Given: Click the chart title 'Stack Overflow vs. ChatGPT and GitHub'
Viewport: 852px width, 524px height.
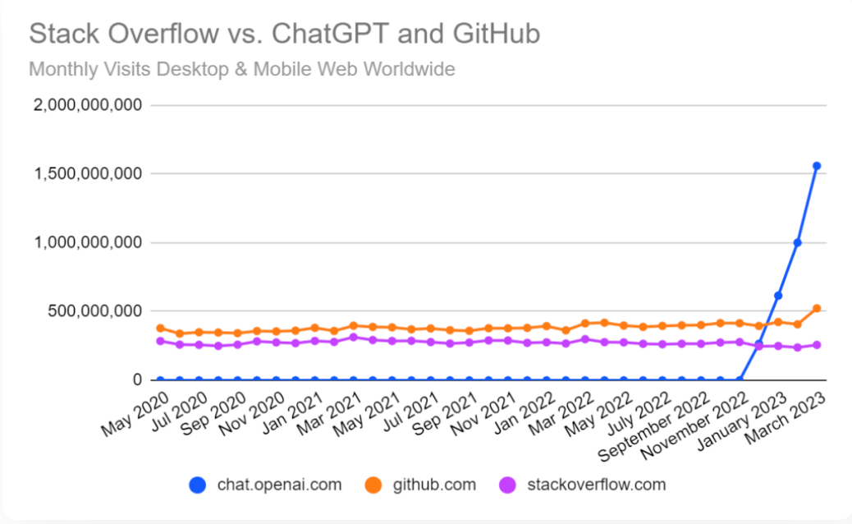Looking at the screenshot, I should pyautogui.click(x=285, y=34).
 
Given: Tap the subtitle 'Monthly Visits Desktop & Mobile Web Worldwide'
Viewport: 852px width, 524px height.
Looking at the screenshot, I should pyautogui.click(x=241, y=69).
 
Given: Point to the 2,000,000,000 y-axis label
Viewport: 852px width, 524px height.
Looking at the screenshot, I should pyautogui.click(x=85, y=105).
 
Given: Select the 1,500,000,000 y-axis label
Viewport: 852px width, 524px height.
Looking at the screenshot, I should pyautogui.click(x=85, y=174).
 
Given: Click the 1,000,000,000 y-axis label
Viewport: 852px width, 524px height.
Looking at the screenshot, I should pyautogui.click(x=85, y=243).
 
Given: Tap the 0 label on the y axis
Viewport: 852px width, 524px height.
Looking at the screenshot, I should pyautogui.click(x=138, y=380).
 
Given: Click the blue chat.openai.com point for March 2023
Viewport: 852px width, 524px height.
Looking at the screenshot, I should pyautogui.click(x=817, y=166).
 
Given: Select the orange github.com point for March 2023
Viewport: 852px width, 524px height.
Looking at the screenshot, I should pyautogui.click(x=817, y=309).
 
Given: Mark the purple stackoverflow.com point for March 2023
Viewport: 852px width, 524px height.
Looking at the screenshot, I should pyautogui.click(x=817, y=345).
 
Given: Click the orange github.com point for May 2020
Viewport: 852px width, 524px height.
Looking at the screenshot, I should pyautogui.click(x=160, y=328).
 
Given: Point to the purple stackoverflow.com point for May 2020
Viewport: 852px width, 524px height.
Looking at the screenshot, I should pyautogui.click(x=160, y=341).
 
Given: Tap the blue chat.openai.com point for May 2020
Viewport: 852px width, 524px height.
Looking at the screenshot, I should pyautogui.click(x=160, y=379).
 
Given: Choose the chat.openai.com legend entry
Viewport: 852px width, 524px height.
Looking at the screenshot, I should pyautogui.click(x=265, y=485).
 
